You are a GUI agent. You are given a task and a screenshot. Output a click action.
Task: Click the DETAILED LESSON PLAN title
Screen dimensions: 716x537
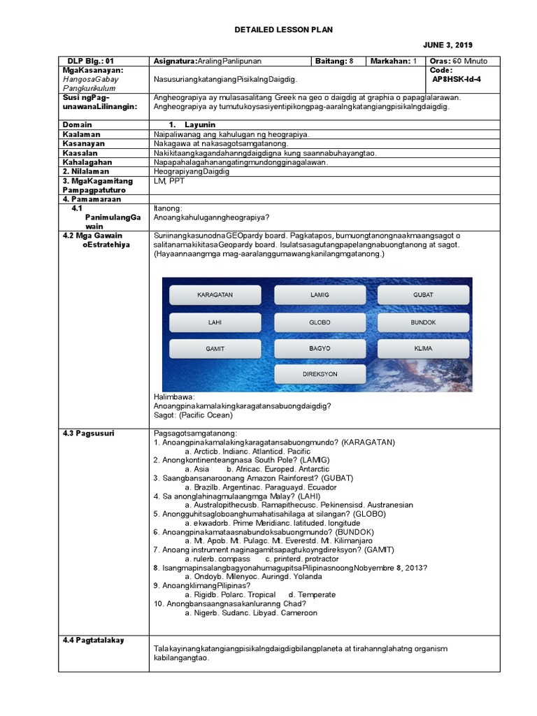pos(283,29)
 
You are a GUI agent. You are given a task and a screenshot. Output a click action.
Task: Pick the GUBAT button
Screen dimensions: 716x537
pos(423,296)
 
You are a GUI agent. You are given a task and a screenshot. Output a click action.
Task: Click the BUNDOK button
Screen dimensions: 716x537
pos(423,322)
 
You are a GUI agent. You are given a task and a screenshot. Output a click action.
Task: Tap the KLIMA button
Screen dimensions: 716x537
pos(423,348)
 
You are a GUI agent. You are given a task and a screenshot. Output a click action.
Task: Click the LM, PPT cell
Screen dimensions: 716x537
pos(168,180)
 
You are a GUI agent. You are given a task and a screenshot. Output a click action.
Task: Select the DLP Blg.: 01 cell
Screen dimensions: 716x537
pos(90,61)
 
